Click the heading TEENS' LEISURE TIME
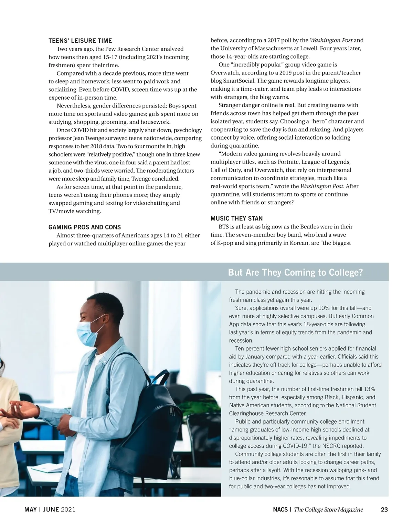click(x=80, y=41)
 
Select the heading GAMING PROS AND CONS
click(x=85, y=227)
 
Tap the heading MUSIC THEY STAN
click(x=236, y=218)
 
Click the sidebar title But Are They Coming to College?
click(x=295, y=273)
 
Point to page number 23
click(x=384, y=510)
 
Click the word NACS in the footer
click(x=280, y=510)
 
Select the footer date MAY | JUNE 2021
click(x=50, y=510)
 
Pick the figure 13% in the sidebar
click(x=369, y=389)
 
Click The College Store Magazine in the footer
click(x=328, y=510)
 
